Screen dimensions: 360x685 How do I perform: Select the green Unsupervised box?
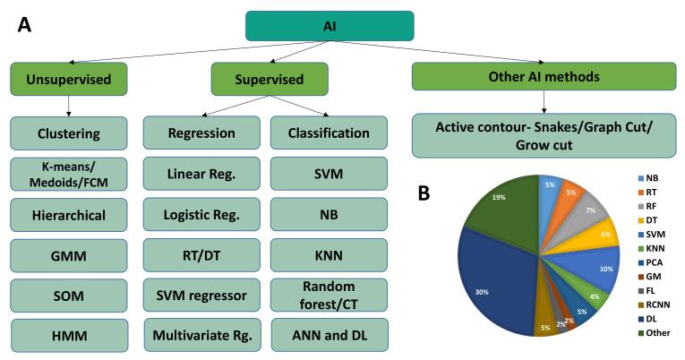pos(68,79)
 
